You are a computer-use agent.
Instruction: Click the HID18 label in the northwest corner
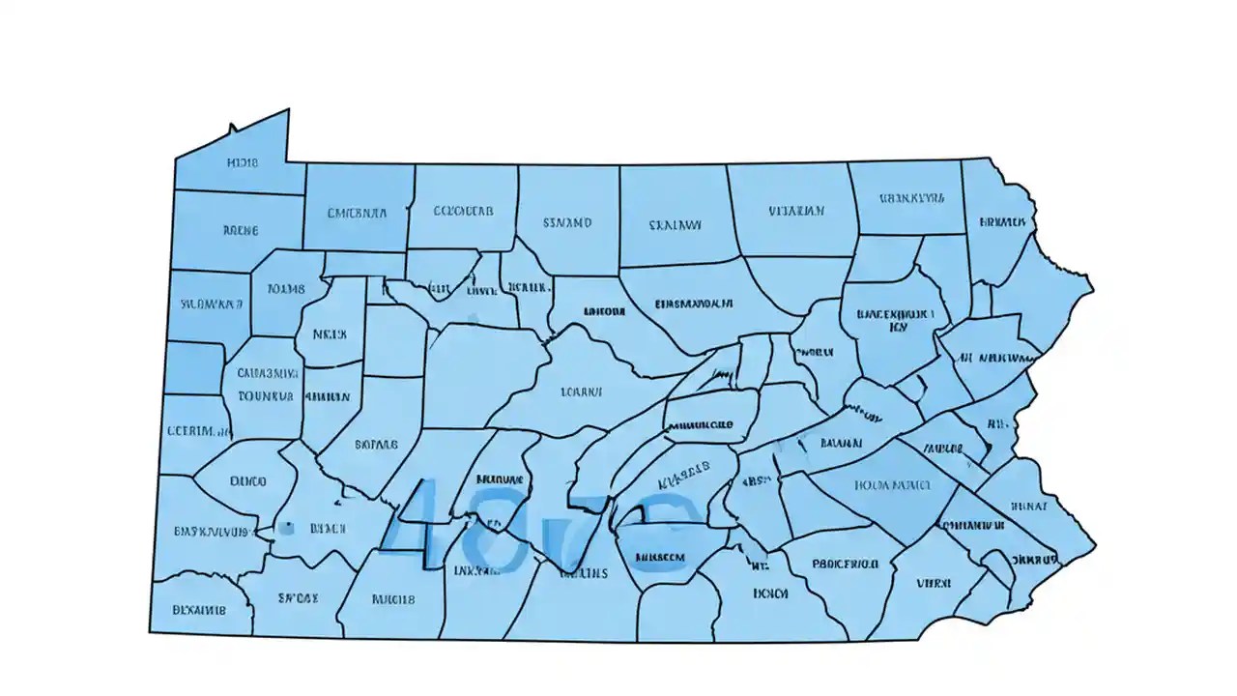[x=242, y=163]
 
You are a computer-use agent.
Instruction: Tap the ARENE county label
[x=241, y=231]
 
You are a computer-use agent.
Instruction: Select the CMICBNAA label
[x=357, y=213]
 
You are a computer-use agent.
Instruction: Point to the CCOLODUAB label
[x=463, y=210]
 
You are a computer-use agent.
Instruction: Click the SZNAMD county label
[x=567, y=222]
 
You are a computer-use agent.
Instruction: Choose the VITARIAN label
[x=796, y=210]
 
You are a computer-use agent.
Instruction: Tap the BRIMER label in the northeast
[x=1002, y=221]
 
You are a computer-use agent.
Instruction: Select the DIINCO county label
[x=248, y=480]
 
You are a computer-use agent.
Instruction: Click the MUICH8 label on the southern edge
[x=392, y=599]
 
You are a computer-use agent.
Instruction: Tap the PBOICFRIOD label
[x=845, y=563]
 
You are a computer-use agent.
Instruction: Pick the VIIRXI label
[x=934, y=583]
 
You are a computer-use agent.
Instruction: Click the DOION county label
[x=770, y=594]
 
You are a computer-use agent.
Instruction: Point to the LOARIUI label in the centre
[x=581, y=392]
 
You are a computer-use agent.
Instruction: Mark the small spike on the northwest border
[x=232, y=128]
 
